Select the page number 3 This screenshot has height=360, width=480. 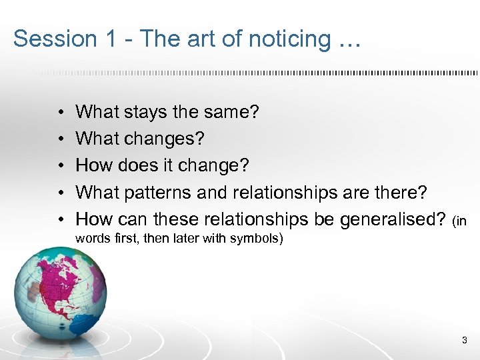(464, 341)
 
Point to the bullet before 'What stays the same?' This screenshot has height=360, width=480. (60, 113)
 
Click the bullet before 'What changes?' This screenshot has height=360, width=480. (60, 139)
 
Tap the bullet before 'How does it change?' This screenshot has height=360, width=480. (60, 166)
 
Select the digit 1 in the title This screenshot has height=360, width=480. (108, 39)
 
